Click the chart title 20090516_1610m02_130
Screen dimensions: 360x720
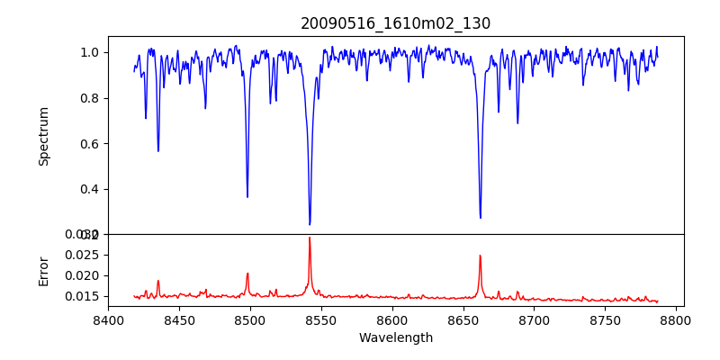395,23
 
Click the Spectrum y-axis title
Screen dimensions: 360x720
44,136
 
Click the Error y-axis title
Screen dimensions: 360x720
44,270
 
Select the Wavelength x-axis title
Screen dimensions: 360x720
395,338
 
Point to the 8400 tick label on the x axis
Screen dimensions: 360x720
108,319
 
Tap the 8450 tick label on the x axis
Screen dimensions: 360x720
179,319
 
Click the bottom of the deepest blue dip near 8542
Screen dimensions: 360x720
310,224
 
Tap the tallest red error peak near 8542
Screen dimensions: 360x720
310,238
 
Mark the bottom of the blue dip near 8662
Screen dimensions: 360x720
480,217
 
